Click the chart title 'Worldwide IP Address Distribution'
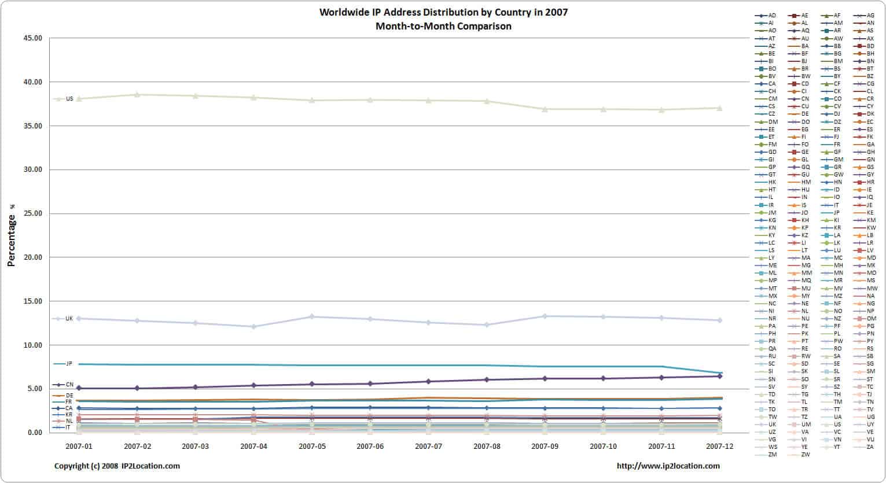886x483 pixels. pos(443,12)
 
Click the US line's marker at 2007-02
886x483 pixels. pos(137,94)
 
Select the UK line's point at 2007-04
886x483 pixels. pos(253,326)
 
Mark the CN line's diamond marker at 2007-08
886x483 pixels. pos(487,379)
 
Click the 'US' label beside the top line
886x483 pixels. pos(69,99)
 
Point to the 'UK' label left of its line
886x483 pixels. pos(69,319)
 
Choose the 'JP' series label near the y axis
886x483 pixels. pos(69,364)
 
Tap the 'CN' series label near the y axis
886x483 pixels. pos(69,385)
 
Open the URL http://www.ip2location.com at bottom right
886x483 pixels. pos(668,466)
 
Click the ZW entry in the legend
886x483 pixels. pos(805,454)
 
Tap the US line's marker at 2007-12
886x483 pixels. pos(720,108)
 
